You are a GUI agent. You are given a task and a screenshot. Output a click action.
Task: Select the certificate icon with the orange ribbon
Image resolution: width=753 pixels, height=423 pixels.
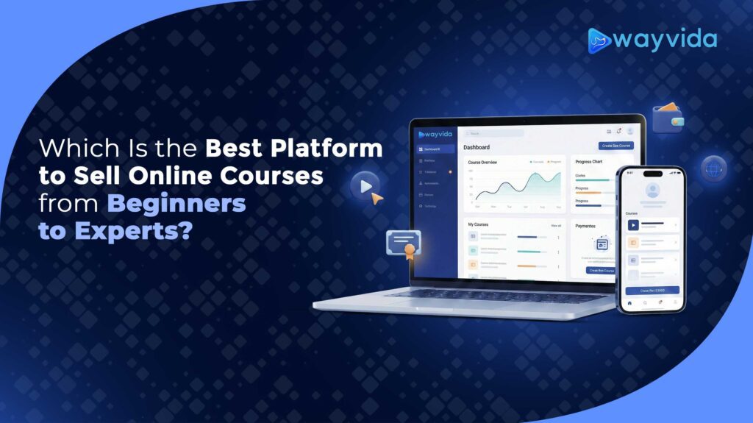pos(403,244)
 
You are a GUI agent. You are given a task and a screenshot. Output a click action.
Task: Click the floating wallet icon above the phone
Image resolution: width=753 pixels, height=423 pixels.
pos(668,118)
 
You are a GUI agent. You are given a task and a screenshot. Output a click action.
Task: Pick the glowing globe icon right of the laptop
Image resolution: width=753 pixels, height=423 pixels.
pos(713,168)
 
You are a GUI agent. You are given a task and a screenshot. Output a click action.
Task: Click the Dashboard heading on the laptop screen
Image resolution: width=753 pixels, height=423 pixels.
pos(477,147)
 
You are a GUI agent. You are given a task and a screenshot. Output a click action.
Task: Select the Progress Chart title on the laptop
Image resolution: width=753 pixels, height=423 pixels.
pos(589,161)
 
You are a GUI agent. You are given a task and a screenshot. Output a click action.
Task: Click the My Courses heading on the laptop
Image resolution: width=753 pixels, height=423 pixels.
pos(479,224)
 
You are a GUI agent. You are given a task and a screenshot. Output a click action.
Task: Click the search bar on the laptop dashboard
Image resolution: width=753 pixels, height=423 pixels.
pos(496,133)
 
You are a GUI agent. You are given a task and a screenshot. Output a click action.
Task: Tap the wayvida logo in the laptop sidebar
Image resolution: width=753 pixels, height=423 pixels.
pos(434,134)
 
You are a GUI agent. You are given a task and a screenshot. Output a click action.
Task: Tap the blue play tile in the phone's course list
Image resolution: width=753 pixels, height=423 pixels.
pos(633,225)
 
